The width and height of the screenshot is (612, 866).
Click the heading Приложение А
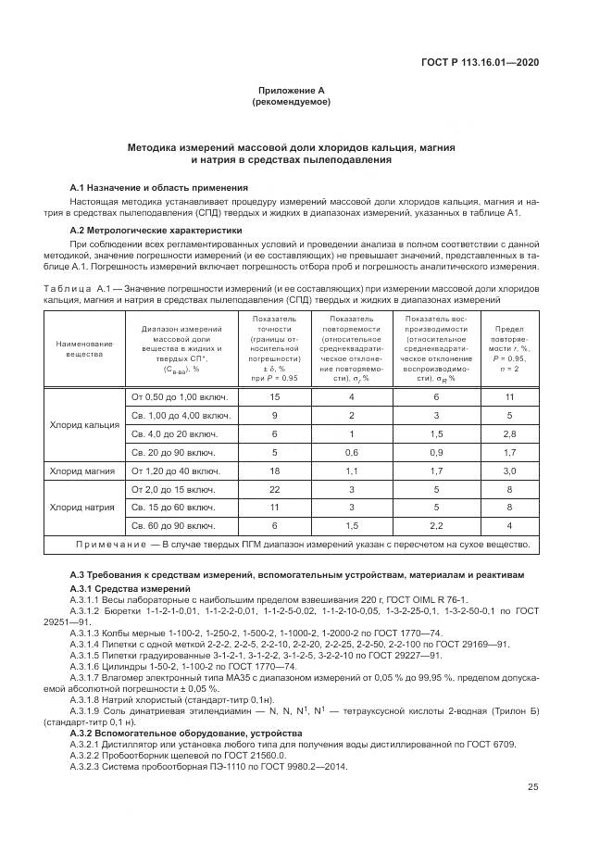click(x=291, y=91)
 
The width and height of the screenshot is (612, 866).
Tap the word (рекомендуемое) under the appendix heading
click(x=291, y=101)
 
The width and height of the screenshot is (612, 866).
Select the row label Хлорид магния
click(x=84, y=471)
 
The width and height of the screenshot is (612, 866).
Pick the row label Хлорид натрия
click(x=84, y=508)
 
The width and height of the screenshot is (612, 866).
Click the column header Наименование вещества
click(x=84, y=348)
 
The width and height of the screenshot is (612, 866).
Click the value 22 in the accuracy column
click(x=274, y=489)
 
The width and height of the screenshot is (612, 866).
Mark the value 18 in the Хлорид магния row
click(x=274, y=471)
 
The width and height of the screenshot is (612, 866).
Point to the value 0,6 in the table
click(x=351, y=452)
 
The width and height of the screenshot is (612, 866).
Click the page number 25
click(x=533, y=788)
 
